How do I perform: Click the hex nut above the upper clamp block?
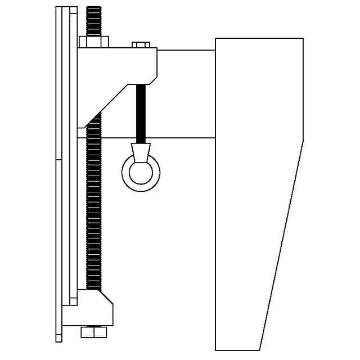(94, 42)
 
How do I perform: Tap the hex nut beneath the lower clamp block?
(94, 332)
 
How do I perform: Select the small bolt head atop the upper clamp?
(141, 44)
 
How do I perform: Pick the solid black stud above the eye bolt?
(141, 112)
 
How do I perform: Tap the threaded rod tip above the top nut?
(94, 20)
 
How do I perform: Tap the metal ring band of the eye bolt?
(126, 173)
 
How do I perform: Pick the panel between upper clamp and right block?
(186, 93)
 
